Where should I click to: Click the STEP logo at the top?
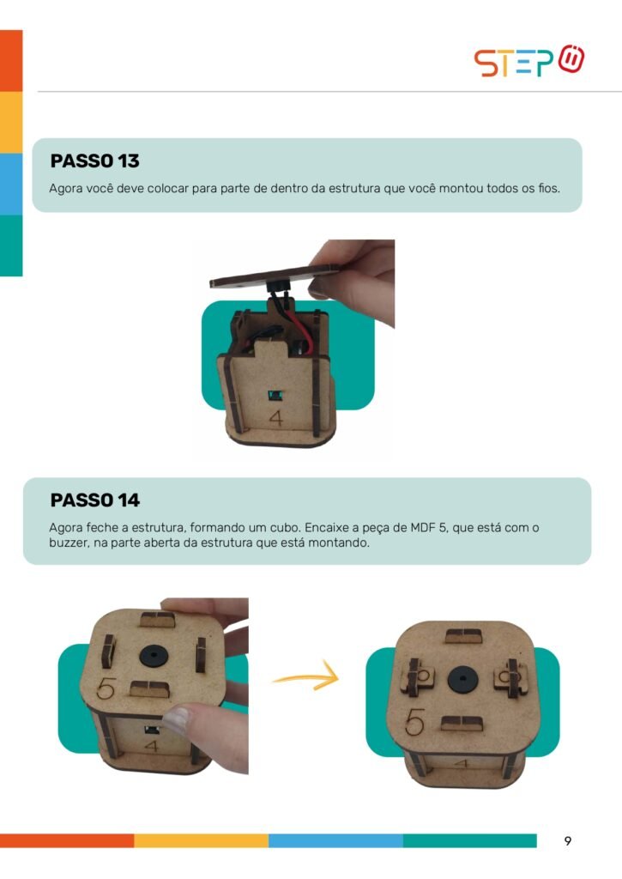[529, 61]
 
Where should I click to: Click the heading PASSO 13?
[94, 161]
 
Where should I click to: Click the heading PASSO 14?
[94, 500]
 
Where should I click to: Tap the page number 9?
[568, 840]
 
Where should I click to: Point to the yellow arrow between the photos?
[306, 677]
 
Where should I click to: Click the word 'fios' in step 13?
[548, 188]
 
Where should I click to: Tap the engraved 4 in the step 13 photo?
[275, 418]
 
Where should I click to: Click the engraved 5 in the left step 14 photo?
[106, 688]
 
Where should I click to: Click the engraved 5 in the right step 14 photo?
[414, 722]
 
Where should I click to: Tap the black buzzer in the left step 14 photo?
[153, 655]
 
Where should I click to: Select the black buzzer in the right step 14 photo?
[462, 680]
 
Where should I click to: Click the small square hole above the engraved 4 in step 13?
[275, 396]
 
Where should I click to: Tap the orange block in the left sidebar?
[11, 61]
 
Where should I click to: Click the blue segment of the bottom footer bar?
[335, 840]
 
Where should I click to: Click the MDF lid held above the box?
[275, 276]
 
